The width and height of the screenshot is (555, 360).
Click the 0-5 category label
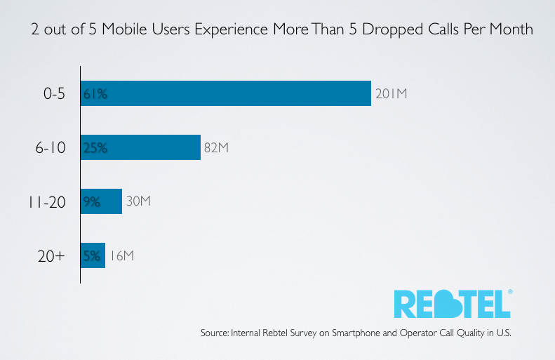coord(53,93)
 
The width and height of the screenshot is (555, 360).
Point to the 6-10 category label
coord(51,147)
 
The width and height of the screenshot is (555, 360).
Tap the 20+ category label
coord(51,256)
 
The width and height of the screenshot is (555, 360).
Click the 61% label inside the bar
coord(95,93)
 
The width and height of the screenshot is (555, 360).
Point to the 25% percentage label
coord(95,147)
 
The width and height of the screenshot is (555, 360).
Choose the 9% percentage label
coord(92,202)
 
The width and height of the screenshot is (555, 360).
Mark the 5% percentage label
coord(92,256)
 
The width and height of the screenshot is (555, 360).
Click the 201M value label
coord(391,93)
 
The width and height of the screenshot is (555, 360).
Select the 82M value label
coord(217,147)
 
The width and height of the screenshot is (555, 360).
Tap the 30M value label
coord(138,202)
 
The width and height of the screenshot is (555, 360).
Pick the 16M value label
coord(121,256)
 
